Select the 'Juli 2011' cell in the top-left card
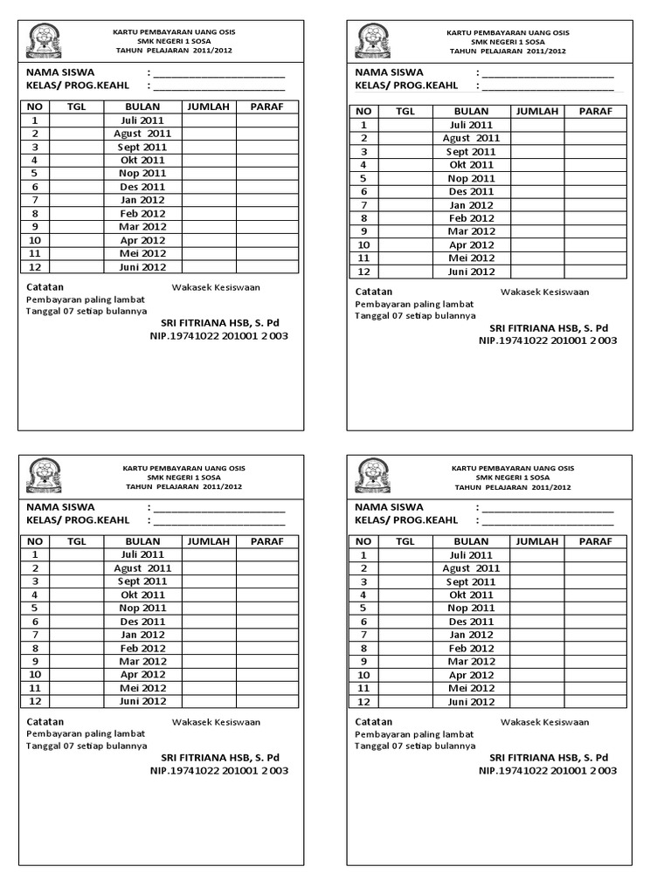(x=142, y=120)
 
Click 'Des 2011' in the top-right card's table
(x=471, y=191)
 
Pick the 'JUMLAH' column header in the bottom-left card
(x=208, y=541)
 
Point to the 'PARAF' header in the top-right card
(x=595, y=111)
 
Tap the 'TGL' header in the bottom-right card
(x=405, y=541)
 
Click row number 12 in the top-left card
(x=35, y=267)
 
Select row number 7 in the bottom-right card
(x=363, y=635)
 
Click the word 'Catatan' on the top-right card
(x=374, y=292)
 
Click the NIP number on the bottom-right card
(x=547, y=771)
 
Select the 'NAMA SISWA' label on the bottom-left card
(x=60, y=506)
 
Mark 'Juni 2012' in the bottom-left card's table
(x=142, y=701)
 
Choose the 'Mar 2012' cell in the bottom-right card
(x=471, y=662)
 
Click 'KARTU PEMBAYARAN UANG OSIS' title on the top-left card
(x=174, y=32)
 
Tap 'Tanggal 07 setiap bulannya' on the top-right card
(x=415, y=315)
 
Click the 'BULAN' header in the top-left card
(x=142, y=107)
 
